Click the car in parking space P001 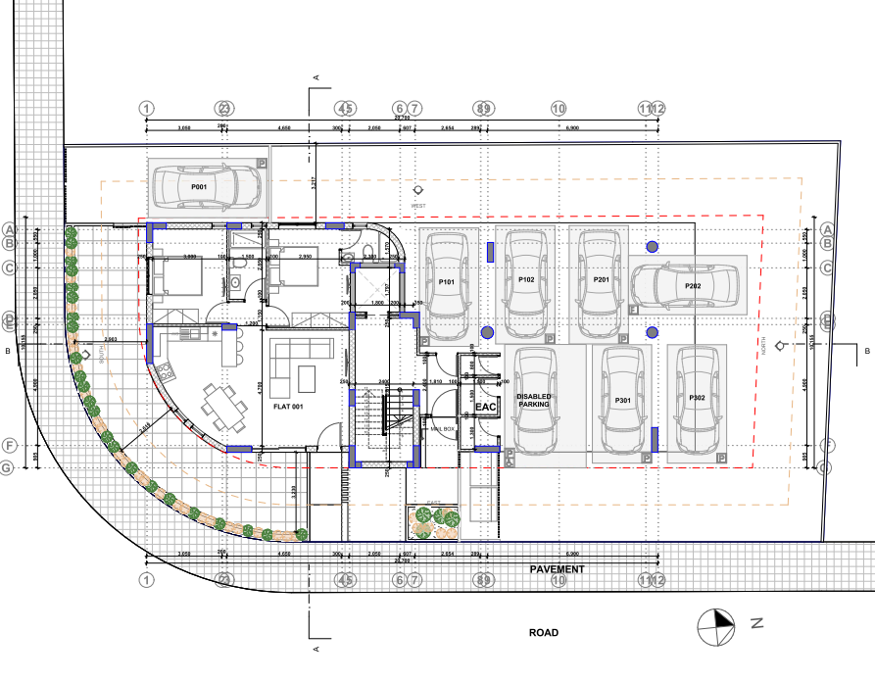208,186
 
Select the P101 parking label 447,282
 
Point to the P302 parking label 697,398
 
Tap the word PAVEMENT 557,569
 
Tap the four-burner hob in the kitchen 162,370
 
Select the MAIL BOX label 442,428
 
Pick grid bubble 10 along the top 559,109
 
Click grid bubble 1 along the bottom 146,580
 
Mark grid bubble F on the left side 8,446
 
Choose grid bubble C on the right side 828,268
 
